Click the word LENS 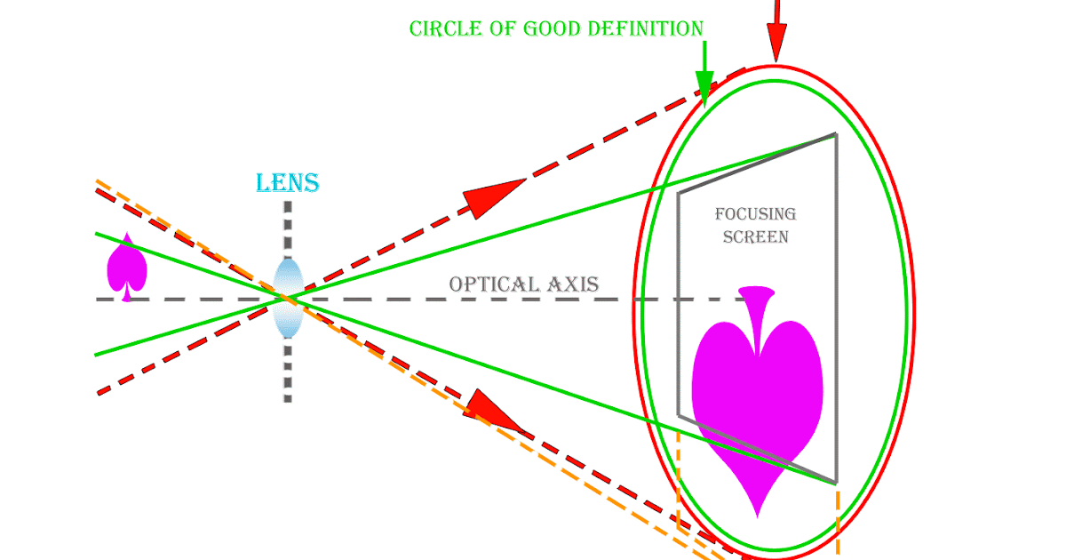(287, 184)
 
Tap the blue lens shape (288, 298)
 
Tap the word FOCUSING (755, 214)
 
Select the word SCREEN (755, 237)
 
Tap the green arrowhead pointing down (705, 89)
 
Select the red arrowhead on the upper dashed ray (491, 197)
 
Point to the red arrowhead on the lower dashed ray (494, 412)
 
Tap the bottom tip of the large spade (757, 516)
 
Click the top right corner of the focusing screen (835, 134)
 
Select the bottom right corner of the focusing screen (836, 483)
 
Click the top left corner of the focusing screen (678, 192)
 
